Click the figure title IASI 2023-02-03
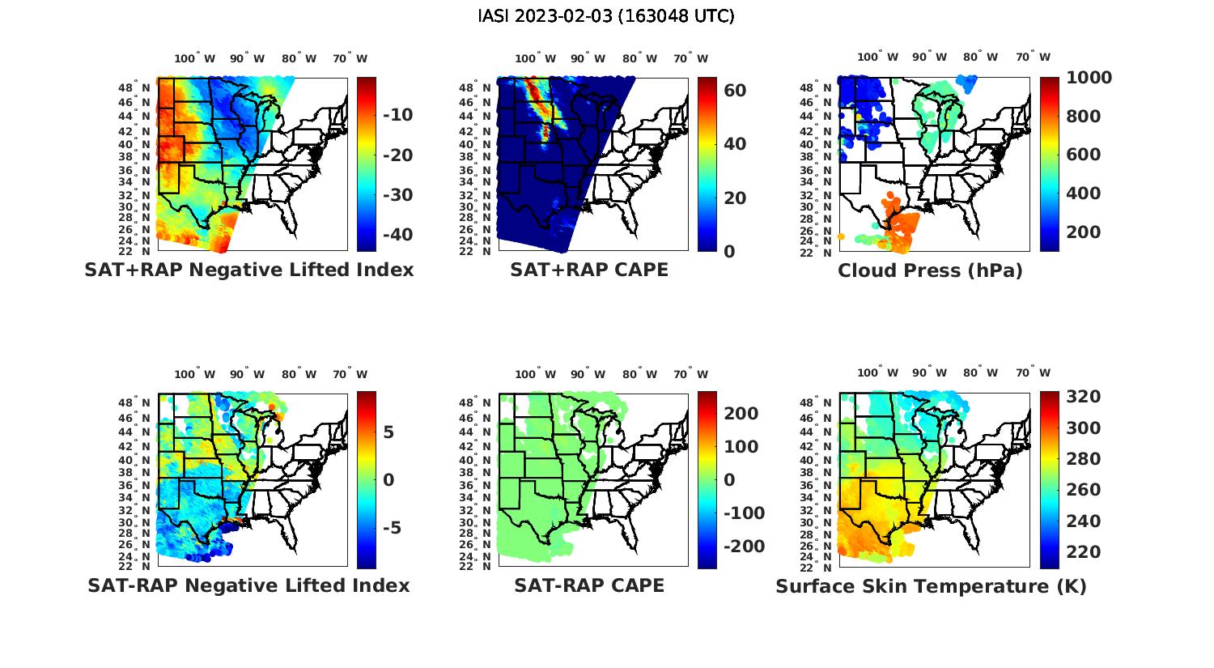tap(606, 16)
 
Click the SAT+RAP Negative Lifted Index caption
tap(249, 270)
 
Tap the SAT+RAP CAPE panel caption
tap(589, 270)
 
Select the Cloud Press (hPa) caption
tap(930, 270)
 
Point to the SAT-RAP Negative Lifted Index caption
tap(248, 585)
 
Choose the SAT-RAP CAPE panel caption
tap(589, 585)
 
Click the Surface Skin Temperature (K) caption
tap(931, 586)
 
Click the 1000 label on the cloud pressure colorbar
tap(1089, 78)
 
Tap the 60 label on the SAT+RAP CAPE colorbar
tap(735, 91)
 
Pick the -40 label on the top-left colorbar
tap(397, 235)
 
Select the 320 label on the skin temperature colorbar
tap(1083, 397)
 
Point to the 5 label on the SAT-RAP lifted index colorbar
tap(388, 432)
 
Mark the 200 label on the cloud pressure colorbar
tap(1083, 232)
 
